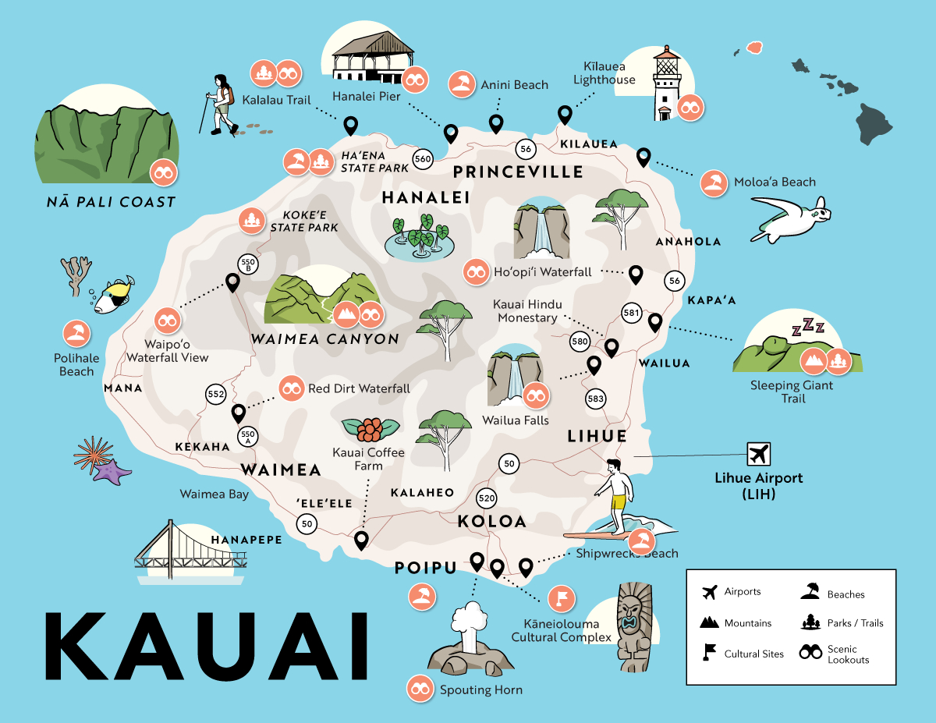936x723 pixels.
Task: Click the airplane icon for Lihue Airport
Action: click(757, 454)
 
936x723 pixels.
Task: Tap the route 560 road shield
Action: click(423, 158)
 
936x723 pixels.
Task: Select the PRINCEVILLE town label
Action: click(518, 172)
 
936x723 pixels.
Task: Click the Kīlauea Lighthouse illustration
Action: click(665, 84)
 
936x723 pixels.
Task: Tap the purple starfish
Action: click(112, 470)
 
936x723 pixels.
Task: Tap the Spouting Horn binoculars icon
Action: click(420, 688)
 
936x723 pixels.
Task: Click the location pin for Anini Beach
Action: click(495, 123)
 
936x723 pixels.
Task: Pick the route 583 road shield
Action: click(596, 399)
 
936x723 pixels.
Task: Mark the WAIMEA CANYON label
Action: click(324, 339)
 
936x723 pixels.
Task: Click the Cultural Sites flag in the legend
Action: click(709, 652)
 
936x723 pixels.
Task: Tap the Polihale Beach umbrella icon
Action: click(76, 335)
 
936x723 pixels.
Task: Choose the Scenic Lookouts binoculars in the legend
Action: click(811, 653)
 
